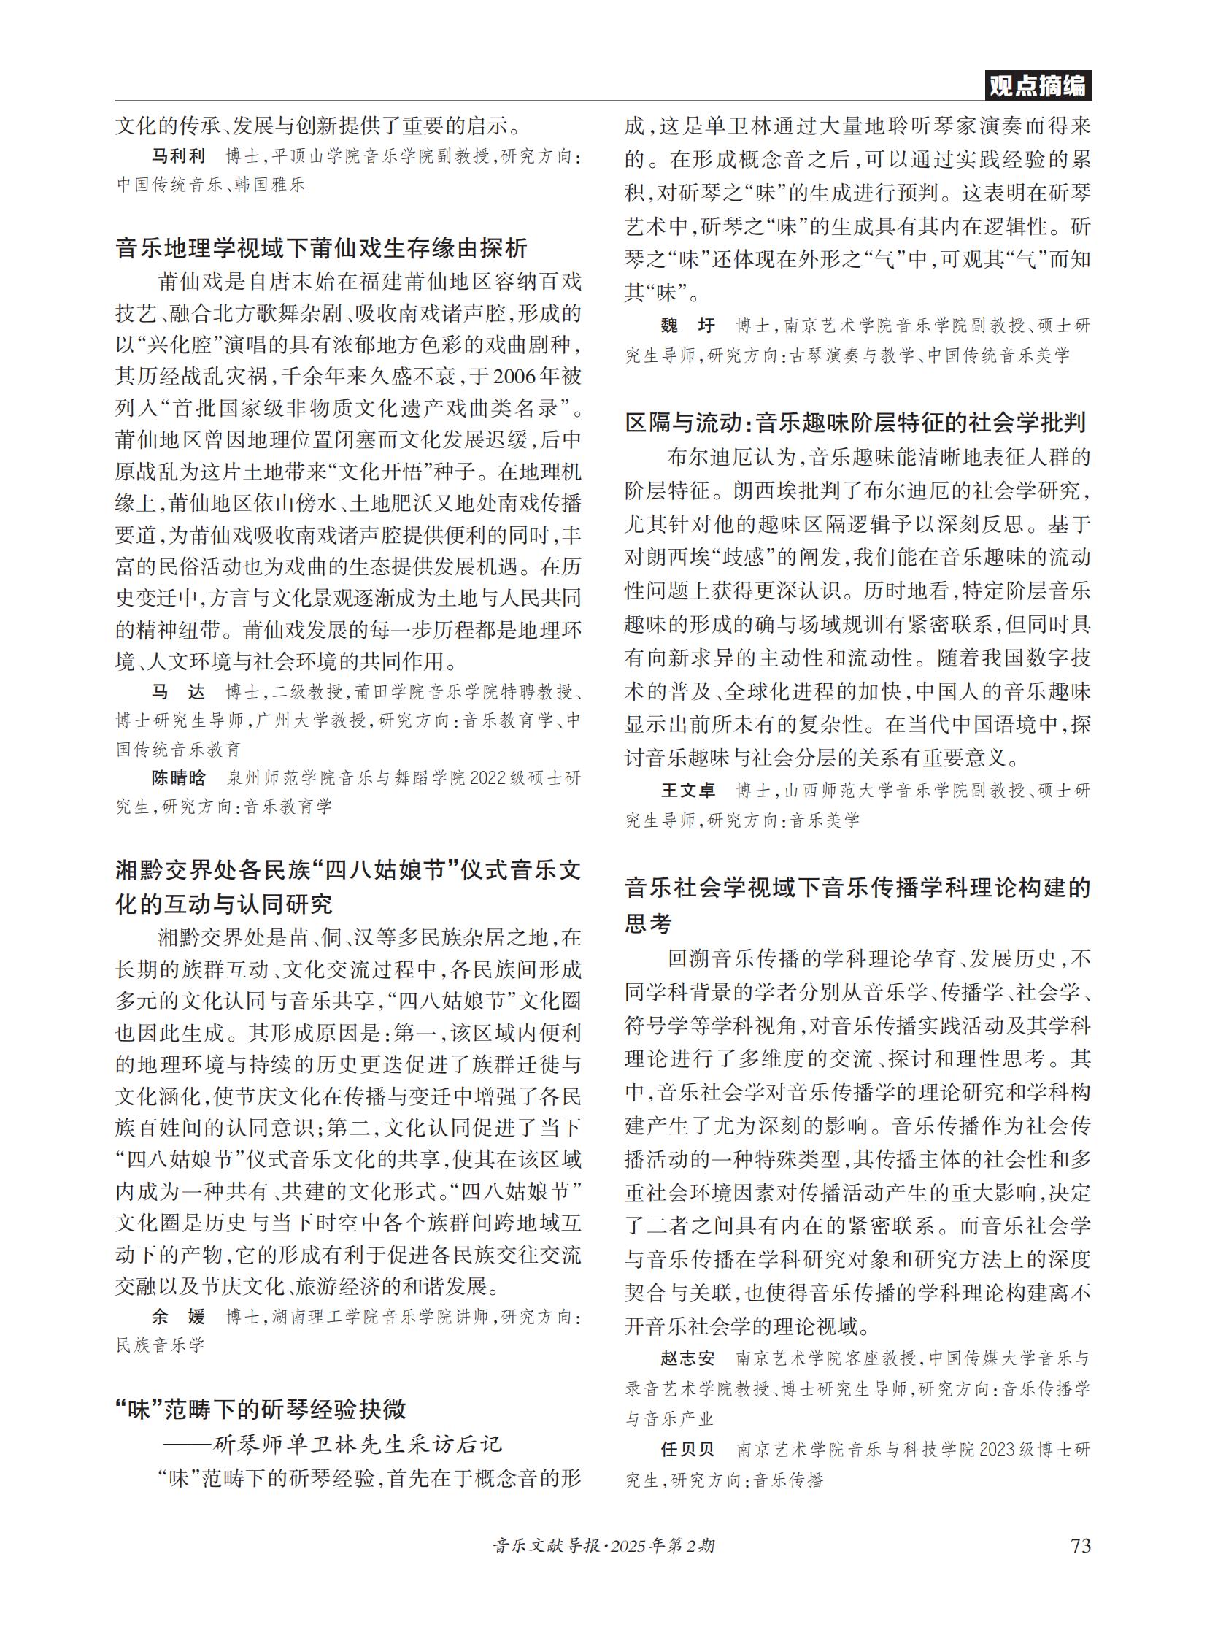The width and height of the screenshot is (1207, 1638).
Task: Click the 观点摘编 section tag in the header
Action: point(1038,86)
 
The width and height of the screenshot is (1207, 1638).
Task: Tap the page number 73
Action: point(1080,1545)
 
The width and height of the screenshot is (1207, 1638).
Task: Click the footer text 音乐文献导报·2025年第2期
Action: point(603,1546)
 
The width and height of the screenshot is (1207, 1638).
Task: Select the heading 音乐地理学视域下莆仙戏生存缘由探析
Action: point(322,248)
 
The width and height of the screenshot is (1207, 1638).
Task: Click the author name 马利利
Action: point(178,155)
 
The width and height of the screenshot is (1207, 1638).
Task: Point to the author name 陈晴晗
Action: point(178,777)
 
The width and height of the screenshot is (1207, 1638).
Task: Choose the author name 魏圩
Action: point(687,326)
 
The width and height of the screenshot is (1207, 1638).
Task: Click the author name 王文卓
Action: point(687,790)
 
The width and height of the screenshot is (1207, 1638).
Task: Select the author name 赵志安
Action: point(687,1358)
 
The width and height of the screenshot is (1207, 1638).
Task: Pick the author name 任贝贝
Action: point(687,1450)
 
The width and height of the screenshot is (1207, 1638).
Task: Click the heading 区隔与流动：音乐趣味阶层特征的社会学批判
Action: point(855,423)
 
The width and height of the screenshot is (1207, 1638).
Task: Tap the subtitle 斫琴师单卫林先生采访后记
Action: point(358,1445)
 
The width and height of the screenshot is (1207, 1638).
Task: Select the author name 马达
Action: point(178,691)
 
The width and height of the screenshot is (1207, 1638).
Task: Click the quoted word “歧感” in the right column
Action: point(745,558)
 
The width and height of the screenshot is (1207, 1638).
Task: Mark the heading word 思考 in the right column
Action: point(648,923)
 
